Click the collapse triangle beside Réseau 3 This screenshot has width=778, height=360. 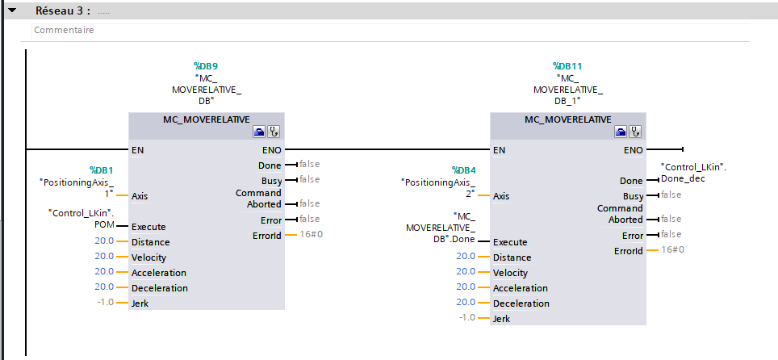[12, 11]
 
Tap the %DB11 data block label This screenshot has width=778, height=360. [567, 66]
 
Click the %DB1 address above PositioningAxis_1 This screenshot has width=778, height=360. [101, 170]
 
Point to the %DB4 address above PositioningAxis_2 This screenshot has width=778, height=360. [463, 170]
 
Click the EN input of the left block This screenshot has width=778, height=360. [139, 149]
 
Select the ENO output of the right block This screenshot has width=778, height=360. [633, 149]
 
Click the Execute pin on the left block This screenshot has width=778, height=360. [148, 227]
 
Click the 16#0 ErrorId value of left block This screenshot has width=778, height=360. [311, 235]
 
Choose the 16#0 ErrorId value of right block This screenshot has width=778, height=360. [672, 250]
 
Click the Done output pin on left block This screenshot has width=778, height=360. [270, 165]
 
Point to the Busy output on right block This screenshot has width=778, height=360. [633, 196]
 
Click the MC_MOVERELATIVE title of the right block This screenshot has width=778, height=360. [567, 119]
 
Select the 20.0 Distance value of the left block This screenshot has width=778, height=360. [104, 241]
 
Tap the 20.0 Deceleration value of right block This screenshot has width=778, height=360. [466, 302]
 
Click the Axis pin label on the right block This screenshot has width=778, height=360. [501, 196]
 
